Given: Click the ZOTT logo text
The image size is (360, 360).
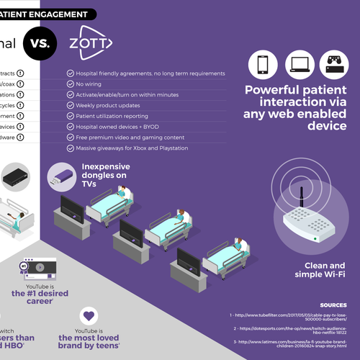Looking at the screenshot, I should point(91,42).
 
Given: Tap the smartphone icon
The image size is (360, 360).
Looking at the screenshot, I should point(264,64).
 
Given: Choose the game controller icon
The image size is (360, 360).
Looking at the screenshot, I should point(335,64).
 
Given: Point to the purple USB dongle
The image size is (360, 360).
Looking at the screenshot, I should point(60,176).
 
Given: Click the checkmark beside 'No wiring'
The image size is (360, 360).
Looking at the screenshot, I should point(70,85).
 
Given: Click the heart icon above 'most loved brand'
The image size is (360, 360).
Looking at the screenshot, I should point(89,315).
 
